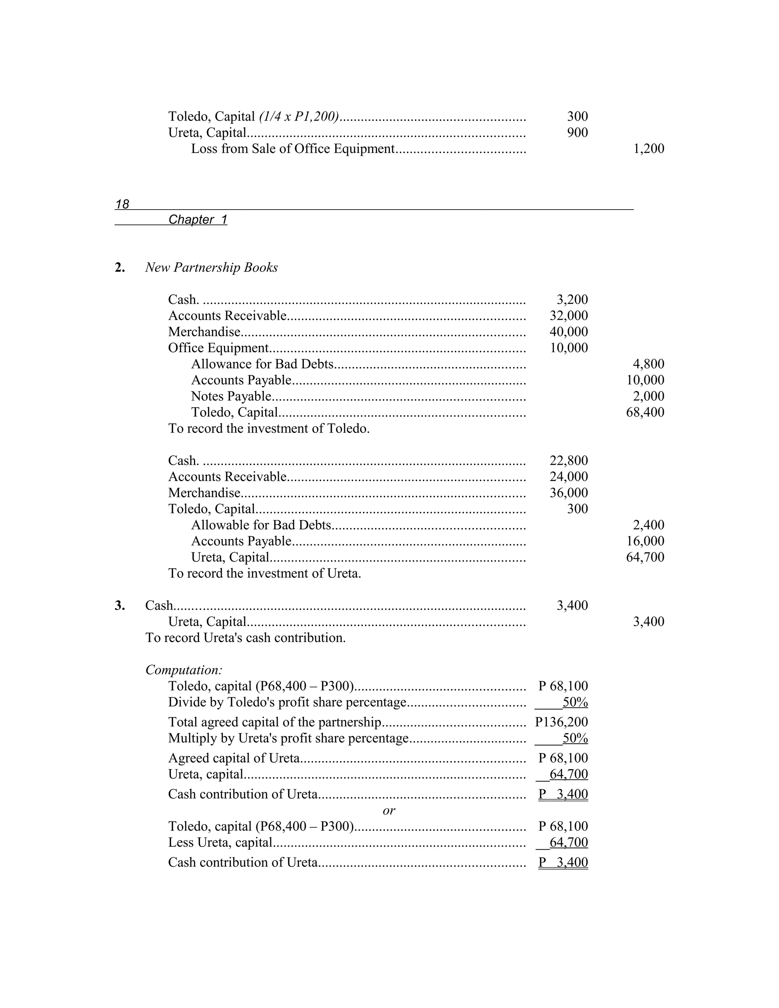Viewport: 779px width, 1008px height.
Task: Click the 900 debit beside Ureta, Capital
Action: tap(577, 132)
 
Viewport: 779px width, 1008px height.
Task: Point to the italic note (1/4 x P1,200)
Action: tap(299, 116)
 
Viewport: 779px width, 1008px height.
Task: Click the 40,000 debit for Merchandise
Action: tap(569, 332)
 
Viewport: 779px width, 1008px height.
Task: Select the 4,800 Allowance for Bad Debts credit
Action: tap(649, 364)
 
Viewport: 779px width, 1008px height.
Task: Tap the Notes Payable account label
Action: tap(231, 396)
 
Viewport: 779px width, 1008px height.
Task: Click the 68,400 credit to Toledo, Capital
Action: tap(645, 412)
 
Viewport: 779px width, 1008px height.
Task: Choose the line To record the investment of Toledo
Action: tap(269, 429)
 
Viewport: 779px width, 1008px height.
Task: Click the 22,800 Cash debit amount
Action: tap(569, 461)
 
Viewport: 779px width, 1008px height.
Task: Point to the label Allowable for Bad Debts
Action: tap(261, 525)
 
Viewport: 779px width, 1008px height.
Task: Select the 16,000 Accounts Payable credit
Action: tap(645, 541)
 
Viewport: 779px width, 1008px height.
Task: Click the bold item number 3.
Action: tap(119, 606)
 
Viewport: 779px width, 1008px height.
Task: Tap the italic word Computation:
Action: tap(184, 670)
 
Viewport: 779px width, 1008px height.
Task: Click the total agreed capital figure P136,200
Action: tap(561, 722)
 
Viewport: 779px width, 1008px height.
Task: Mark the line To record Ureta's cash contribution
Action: tap(245, 638)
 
